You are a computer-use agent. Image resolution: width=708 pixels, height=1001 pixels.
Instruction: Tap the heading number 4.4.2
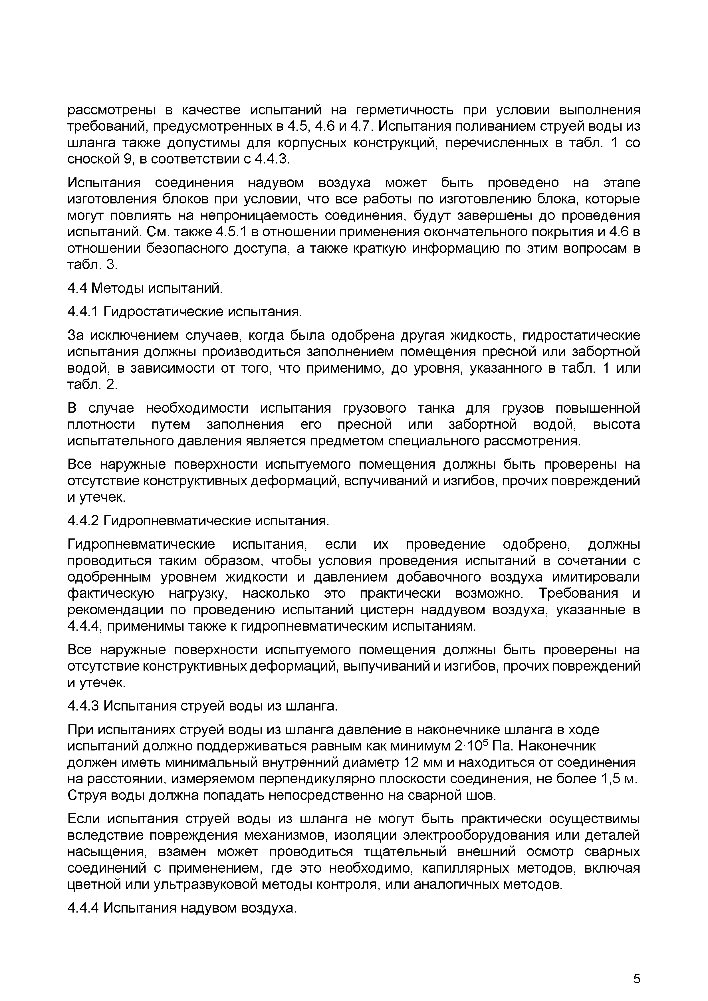(84, 521)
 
